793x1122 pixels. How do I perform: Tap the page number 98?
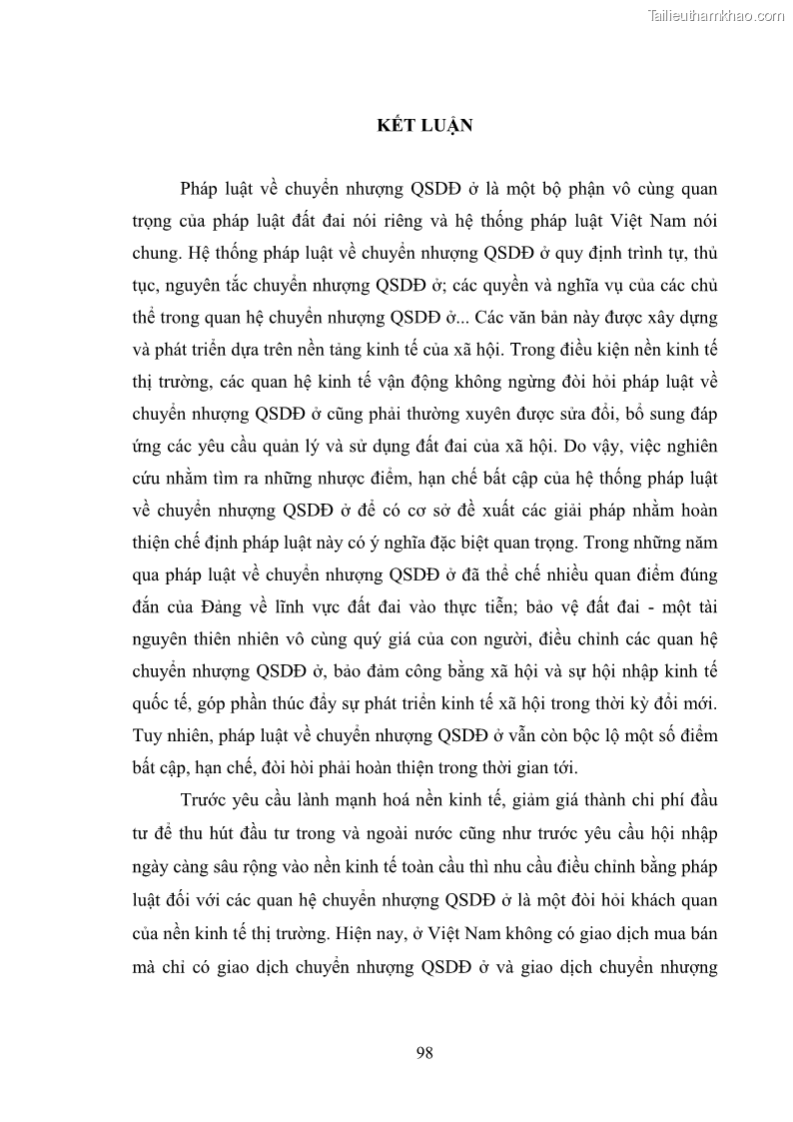coord(423,1052)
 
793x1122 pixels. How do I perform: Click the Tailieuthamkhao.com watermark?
coord(717,15)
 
